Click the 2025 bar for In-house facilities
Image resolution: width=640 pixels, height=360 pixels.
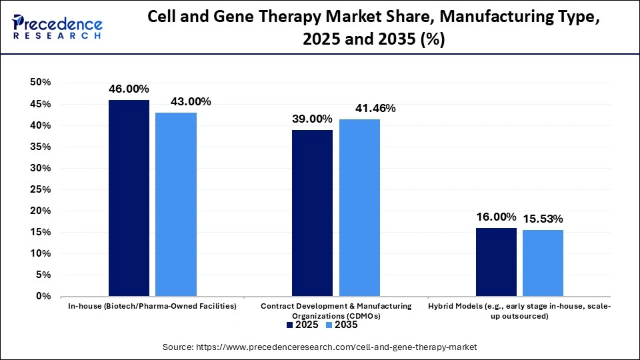tap(129, 198)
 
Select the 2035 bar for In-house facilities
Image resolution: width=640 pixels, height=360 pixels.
tap(176, 204)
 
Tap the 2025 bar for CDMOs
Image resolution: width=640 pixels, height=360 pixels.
tap(313, 213)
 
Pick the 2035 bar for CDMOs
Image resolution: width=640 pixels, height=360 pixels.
tap(360, 207)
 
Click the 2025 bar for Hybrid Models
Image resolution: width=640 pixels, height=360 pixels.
tap(497, 262)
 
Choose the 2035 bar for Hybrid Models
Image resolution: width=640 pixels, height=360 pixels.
tap(543, 263)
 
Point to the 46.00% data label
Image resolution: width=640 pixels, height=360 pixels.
tap(129, 89)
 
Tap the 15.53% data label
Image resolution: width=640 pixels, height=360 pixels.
tap(543, 219)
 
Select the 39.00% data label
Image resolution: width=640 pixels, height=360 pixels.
tap(312, 119)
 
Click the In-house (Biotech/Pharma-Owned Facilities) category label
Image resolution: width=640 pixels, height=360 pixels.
tap(152, 306)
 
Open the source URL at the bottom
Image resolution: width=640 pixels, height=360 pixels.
tap(320, 347)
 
